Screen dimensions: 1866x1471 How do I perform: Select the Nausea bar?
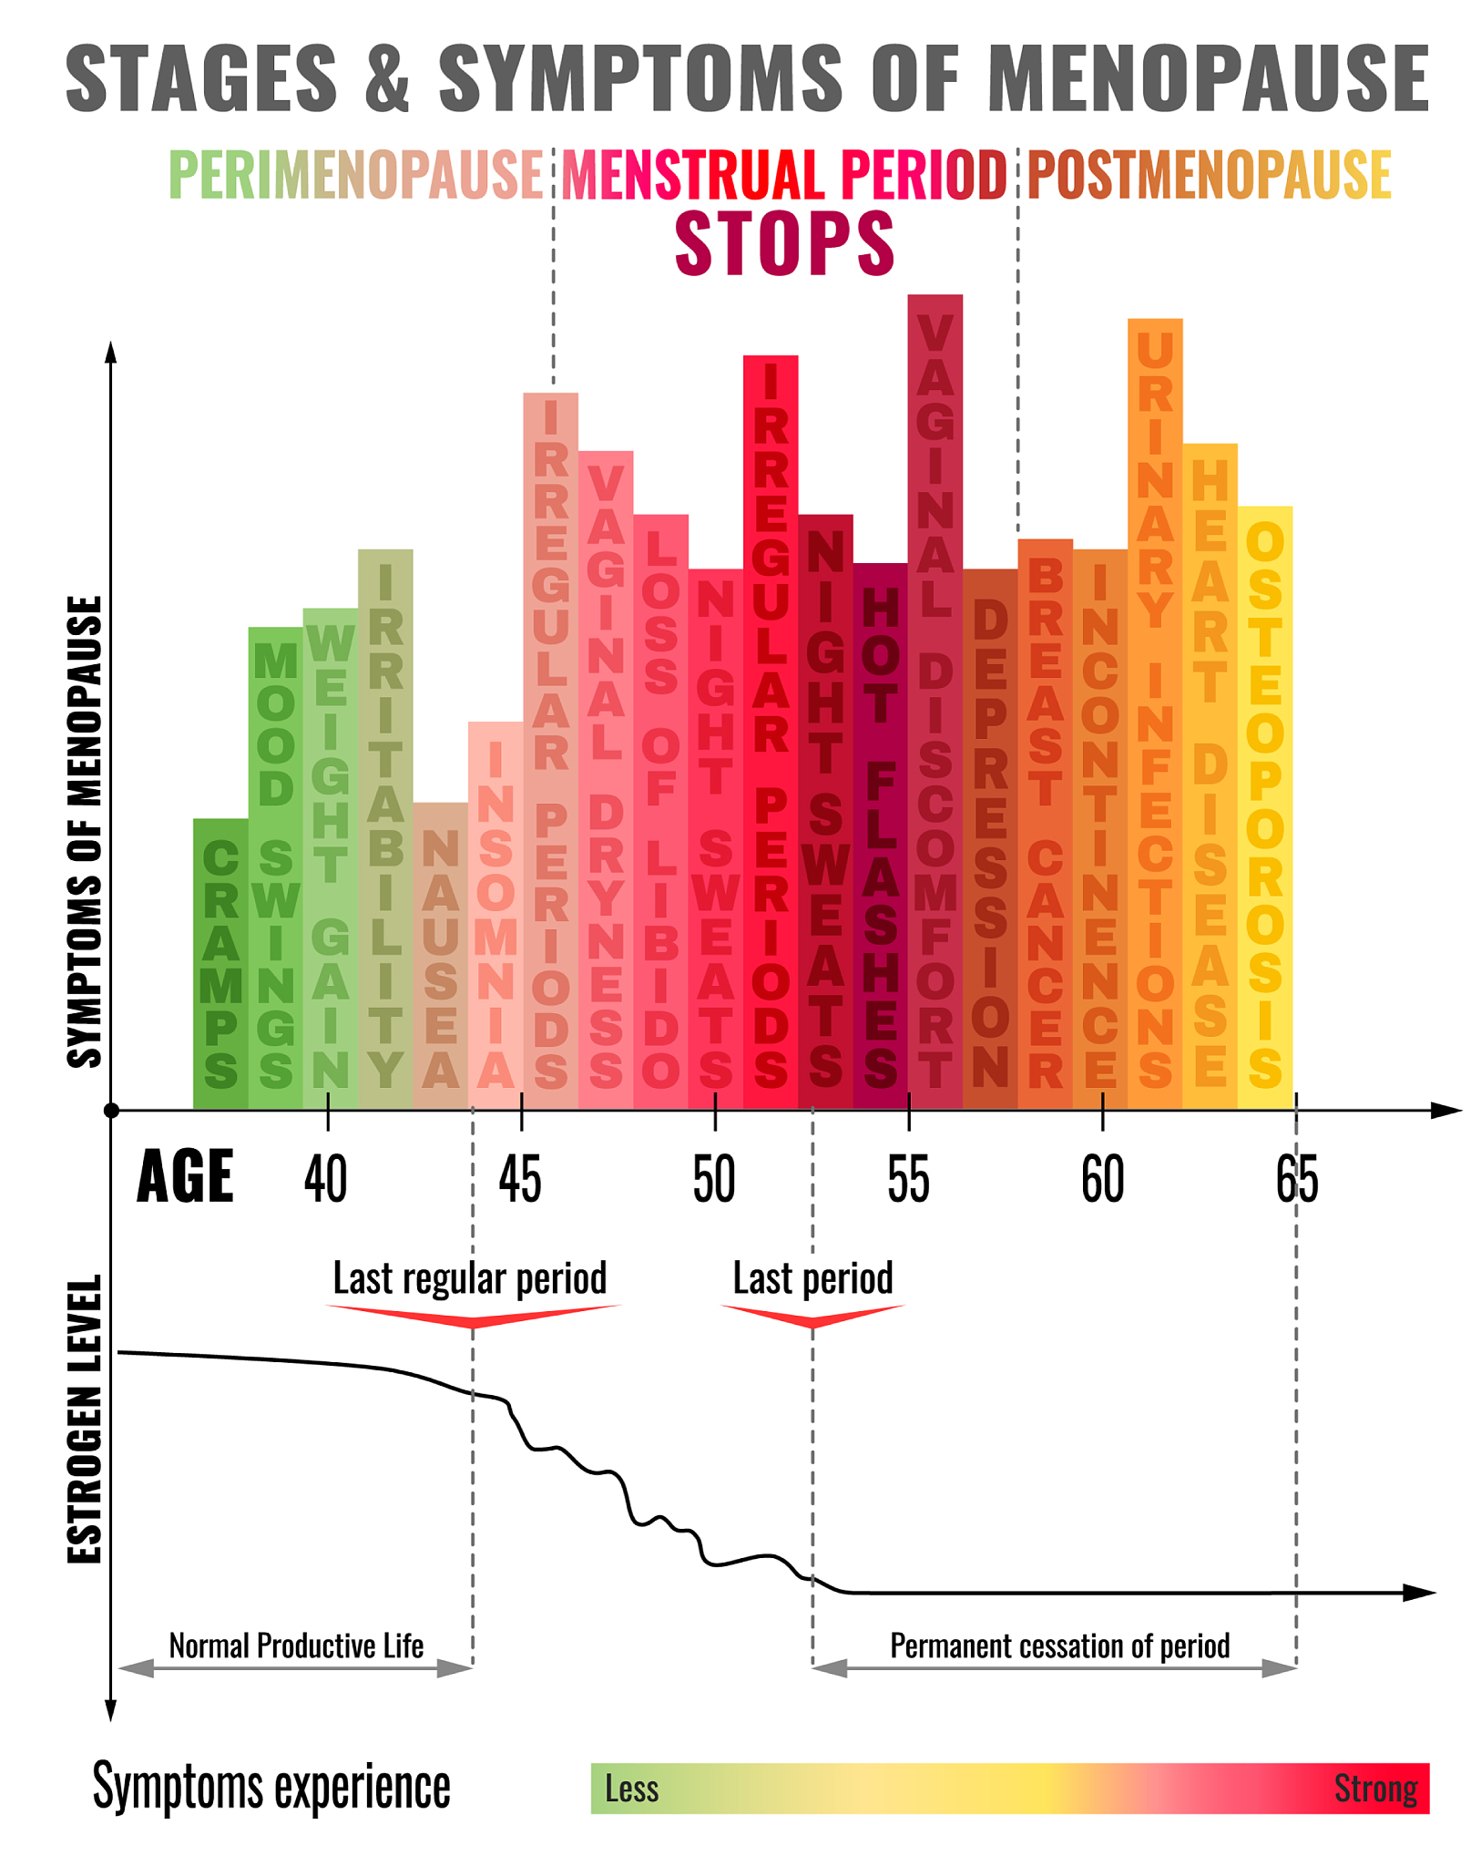tap(441, 956)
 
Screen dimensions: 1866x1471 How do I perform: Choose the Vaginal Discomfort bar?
tap(935, 702)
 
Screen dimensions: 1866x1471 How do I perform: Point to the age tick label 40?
tap(325, 1179)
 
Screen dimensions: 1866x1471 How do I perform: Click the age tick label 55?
tap(908, 1179)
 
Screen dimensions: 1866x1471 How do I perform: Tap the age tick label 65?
tap(1296, 1179)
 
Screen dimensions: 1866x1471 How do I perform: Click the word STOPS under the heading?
tap(784, 243)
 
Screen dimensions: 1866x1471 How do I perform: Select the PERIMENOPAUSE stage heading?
tap(356, 174)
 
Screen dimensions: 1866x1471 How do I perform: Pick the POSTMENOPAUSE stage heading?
tap(1209, 174)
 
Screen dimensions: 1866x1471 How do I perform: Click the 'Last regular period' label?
tap(470, 1278)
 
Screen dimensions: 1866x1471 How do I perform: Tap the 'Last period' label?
tap(812, 1278)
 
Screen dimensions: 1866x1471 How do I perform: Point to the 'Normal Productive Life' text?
tap(296, 1646)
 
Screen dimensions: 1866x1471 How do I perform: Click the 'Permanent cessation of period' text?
tap(1059, 1646)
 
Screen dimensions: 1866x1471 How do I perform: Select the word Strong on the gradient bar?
tap(1375, 1789)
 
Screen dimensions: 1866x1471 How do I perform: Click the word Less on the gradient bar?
tap(631, 1789)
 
